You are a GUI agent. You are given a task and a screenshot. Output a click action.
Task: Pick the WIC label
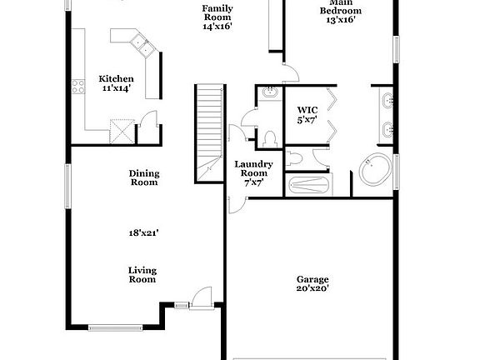tap(308, 109)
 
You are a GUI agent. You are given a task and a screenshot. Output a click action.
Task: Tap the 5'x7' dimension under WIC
tap(308, 120)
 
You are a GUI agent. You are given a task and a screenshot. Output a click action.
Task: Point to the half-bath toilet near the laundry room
tap(268, 136)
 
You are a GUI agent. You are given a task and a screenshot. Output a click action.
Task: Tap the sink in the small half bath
tap(270, 94)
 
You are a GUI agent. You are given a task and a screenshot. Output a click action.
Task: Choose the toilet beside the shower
tap(296, 157)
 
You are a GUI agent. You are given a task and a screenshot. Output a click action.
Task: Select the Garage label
tap(312, 279)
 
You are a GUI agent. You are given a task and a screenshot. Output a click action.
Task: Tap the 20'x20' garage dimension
tap(312, 289)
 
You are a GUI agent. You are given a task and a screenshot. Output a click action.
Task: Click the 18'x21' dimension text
tap(143, 233)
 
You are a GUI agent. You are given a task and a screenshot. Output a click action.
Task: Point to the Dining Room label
tap(143, 178)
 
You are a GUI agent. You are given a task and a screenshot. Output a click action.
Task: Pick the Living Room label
tap(142, 275)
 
